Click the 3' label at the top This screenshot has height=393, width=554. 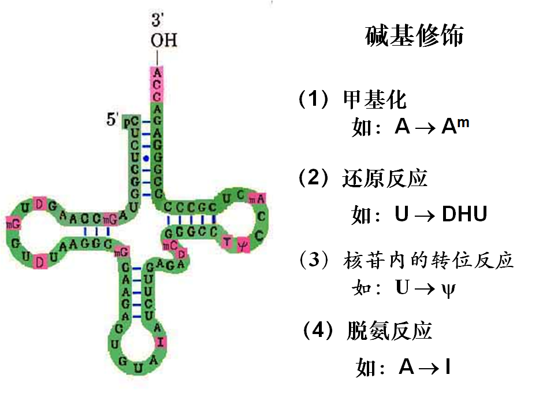tap(157, 21)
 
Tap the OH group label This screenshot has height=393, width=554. tap(163, 40)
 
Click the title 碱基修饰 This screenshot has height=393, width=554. tap(415, 36)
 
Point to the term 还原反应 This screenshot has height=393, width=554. tap(384, 179)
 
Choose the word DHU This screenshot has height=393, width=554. tap(464, 214)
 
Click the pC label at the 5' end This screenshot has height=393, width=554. tap(134, 121)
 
